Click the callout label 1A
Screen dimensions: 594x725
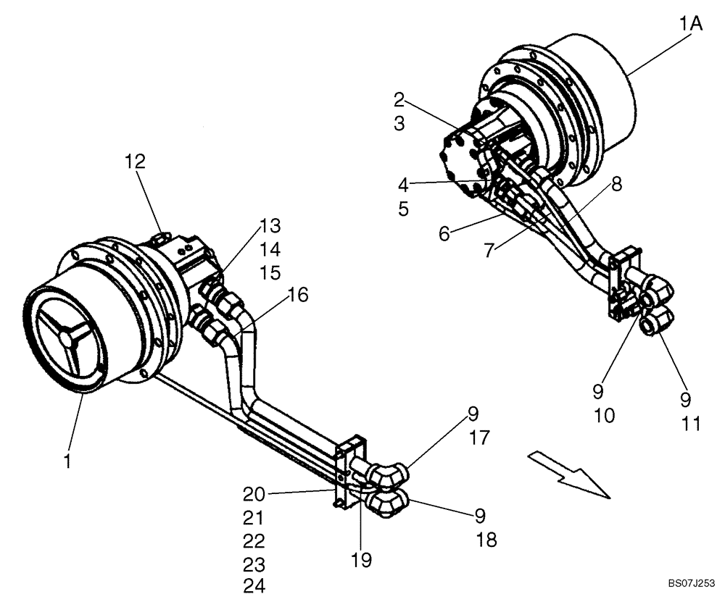click(x=691, y=25)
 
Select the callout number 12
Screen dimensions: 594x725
click(x=134, y=161)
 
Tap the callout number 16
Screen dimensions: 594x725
click(x=297, y=295)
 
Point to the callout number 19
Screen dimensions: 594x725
click(x=361, y=559)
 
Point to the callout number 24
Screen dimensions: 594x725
click(x=254, y=586)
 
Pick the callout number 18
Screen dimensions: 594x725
click(x=487, y=540)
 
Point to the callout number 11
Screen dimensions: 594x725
click(x=692, y=424)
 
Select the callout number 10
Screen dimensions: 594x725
click(x=604, y=416)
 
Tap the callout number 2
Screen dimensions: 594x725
click(x=399, y=99)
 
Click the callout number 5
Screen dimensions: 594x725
click(x=404, y=209)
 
